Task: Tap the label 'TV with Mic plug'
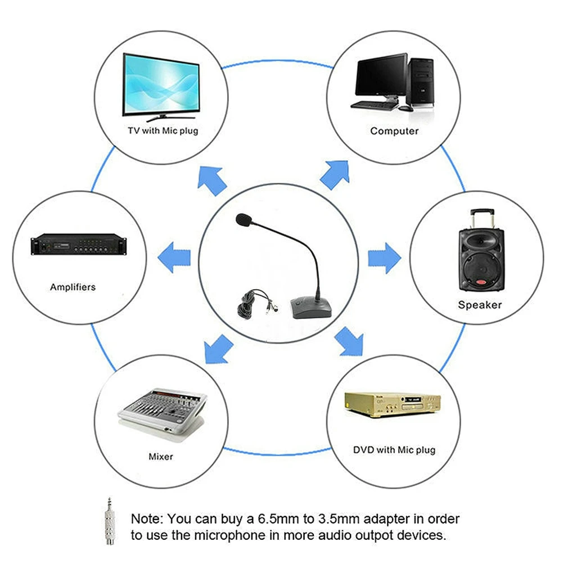click(163, 131)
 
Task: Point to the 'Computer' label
click(394, 131)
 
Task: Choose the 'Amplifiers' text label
click(73, 287)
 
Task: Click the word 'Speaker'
click(479, 305)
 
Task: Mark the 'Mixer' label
click(161, 456)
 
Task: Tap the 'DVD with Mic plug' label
click(394, 450)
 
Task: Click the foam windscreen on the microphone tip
click(242, 220)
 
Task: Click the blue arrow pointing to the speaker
click(384, 258)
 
